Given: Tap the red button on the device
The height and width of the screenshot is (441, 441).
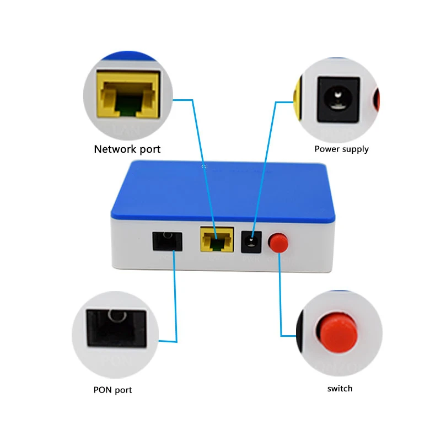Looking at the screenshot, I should pos(278,242).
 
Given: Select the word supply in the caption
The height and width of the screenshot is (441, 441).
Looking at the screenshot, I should pos(355,149).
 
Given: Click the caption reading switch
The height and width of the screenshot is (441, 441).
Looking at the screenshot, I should pos(340,389).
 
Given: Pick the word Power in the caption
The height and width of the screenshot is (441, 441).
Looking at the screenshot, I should pos(327,149).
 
